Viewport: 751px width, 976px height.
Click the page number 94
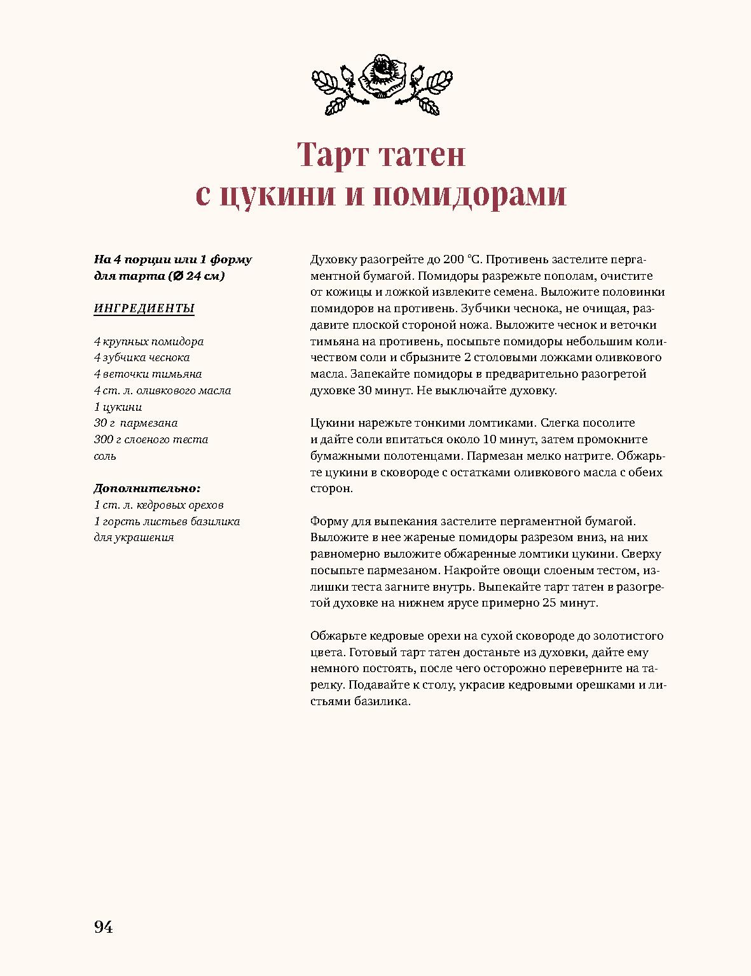click(x=104, y=927)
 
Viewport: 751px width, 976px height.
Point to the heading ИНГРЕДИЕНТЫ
click(x=144, y=308)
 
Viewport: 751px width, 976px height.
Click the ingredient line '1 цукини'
click(x=118, y=407)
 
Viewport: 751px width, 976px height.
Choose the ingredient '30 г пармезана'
click(x=136, y=423)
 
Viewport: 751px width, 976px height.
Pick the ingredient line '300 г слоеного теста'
click(x=151, y=439)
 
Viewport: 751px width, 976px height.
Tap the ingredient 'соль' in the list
click(x=106, y=456)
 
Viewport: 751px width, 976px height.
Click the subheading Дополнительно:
click(x=147, y=488)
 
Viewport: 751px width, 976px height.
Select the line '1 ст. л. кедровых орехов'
click(x=159, y=505)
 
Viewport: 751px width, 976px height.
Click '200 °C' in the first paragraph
click(x=464, y=259)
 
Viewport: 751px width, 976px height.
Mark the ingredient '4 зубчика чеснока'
click(x=142, y=357)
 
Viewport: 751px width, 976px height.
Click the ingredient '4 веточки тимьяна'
click(x=148, y=374)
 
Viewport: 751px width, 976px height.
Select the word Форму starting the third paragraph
click(x=329, y=521)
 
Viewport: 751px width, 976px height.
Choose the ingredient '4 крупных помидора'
click(x=149, y=341)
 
